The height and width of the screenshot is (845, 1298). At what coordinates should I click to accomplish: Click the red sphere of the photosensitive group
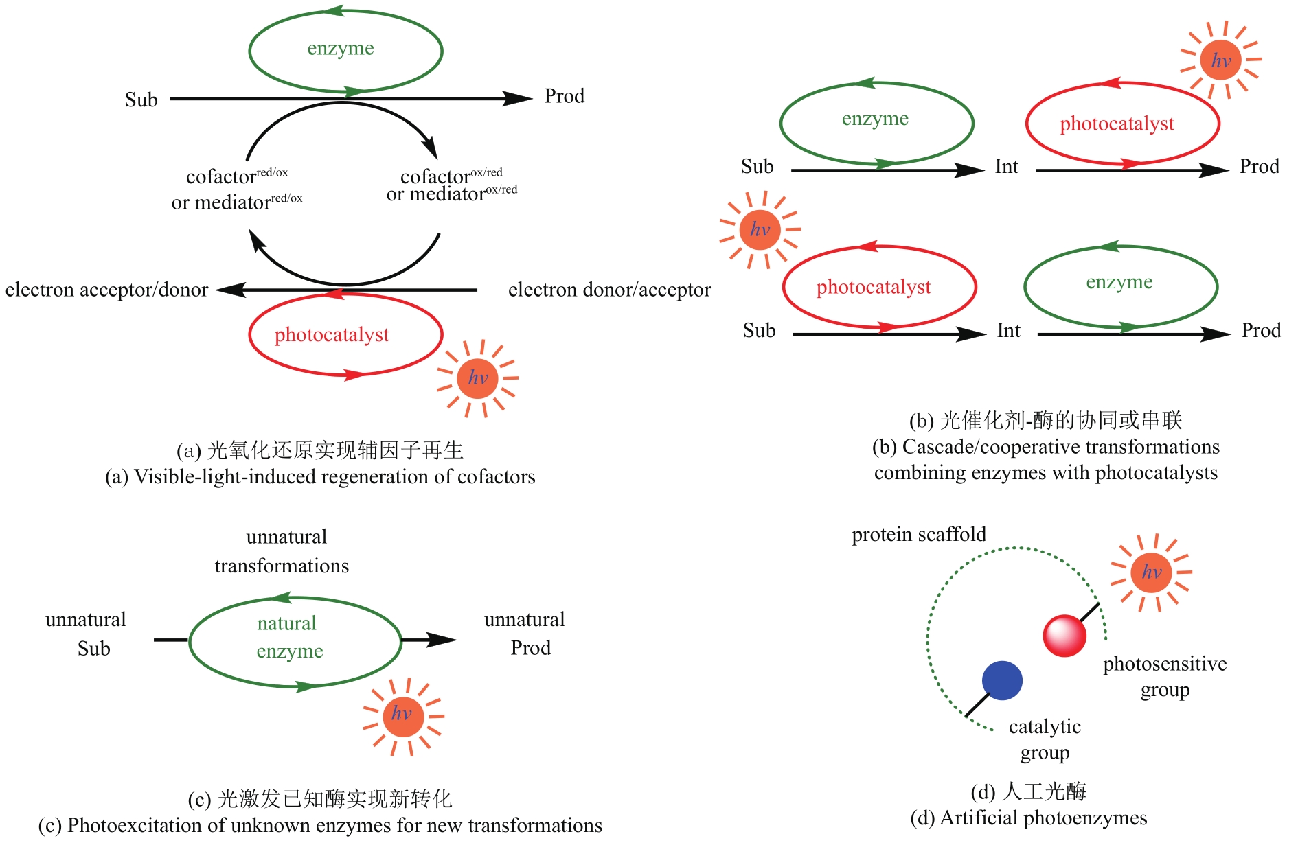(1064, 636)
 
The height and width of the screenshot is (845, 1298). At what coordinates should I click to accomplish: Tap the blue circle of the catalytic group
(1002, 680)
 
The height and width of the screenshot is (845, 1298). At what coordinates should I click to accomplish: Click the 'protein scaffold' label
(918, 534)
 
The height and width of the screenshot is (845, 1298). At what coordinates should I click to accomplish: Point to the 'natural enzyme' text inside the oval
(289, 637)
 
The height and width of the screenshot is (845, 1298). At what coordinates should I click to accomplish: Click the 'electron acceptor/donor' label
(106, 290)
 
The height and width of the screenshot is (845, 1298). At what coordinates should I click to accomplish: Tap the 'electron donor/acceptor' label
(609, 290)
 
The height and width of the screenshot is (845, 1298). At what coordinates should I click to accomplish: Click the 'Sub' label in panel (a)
(141, 100)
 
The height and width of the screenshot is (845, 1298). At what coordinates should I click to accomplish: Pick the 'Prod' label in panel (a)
(564, 96)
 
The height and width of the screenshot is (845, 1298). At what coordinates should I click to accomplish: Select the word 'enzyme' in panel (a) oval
(341, 48)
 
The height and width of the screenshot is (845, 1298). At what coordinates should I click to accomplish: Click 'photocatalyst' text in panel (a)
(332, 335)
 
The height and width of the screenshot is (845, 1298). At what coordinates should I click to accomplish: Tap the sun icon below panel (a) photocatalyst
(477, 378)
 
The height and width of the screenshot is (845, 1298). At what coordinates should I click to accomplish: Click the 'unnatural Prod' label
(525, 634)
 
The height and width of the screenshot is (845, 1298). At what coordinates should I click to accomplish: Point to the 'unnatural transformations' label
(282, 551)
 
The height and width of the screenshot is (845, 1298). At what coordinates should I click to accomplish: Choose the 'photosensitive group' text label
(1165, 677)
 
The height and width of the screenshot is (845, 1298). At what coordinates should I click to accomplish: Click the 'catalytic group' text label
(1045, 739)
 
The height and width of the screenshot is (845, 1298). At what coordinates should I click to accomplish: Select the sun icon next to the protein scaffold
(1151, 572)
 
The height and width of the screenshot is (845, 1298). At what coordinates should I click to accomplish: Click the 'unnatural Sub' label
(87, 634)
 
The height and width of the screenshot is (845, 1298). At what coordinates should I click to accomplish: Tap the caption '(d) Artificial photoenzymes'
(1028, 818)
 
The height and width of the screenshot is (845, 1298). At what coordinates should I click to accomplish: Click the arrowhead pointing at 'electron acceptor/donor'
(229, 290)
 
